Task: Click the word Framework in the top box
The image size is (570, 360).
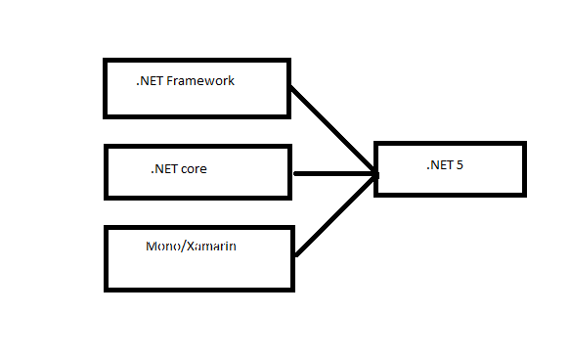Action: click(x=200, y=81)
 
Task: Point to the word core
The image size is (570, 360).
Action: click(x=194, y=169)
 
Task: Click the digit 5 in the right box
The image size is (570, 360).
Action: click(x=460, y=165)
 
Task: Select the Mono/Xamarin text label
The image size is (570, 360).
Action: click(x=191, y=247)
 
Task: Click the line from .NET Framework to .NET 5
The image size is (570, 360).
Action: click(x=332, y=129)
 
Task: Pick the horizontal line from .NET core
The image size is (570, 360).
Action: click(x=335, y=174)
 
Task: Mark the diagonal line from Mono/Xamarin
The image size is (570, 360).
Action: click(x=335, y=215)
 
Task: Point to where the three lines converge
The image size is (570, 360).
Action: click(x=374, y=174)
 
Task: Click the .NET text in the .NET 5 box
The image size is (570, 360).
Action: click(x=440, y=165)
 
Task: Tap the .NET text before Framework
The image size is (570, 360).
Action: click(x=150, y=81)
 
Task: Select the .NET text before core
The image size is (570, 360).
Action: click(x=164, y=169)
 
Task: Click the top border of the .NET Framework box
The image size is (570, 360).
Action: click(x=197, y=60)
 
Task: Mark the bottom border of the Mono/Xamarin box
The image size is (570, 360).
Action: click(x=199, y=290)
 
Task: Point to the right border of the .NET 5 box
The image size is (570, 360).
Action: click(x=525, y=169)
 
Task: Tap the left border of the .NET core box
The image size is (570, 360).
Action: click(x=107, y=172)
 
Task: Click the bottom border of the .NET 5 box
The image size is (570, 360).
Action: click(x=450, y=196)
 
